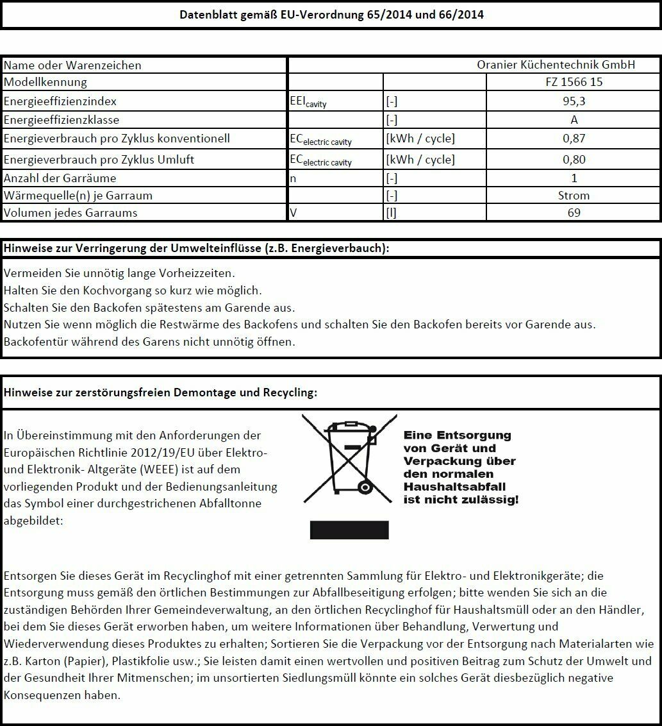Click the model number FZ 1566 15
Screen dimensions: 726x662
pyautogui.click(x=574, y=82)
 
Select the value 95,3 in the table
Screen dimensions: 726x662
pyautogui.click(x=574, y=101)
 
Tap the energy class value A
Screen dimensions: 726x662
pyautogui.click(x=574, y=120)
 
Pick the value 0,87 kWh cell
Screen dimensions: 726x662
pyautogui.click(x=574, y=139)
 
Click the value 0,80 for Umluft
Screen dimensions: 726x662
pyautogui.click(x=574, y=159)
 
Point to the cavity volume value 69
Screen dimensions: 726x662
pyautogui.click(x=574, y=213)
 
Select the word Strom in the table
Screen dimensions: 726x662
pyautogui.click(x=574, y=196)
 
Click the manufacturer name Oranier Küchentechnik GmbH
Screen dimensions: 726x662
pyautogui.click(x=556, y=65)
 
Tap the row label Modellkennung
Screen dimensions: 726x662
pyautogui.click(x=46, y=82)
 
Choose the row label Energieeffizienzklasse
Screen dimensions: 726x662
pyautogui.click(x=62, y=120)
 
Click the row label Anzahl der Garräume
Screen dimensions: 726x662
pyautogui.click(x=60, y=178)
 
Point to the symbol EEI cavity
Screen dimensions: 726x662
pyautogui.click(x=308, y=102)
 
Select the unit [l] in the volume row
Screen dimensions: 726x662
pyautogui.click(x=391, y=213)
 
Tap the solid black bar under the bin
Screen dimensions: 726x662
pyautogui.click(x=349, y=530)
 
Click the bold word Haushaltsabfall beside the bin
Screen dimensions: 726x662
pyautogui.click(x=449, y=487)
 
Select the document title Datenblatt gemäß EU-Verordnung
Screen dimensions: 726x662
pyautogui.click(x=331, y=15)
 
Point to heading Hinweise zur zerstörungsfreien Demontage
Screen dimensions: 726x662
pyautogui.click(x=160, y=393)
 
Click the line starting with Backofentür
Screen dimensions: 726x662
pyautogui.click(x=149, y=342)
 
